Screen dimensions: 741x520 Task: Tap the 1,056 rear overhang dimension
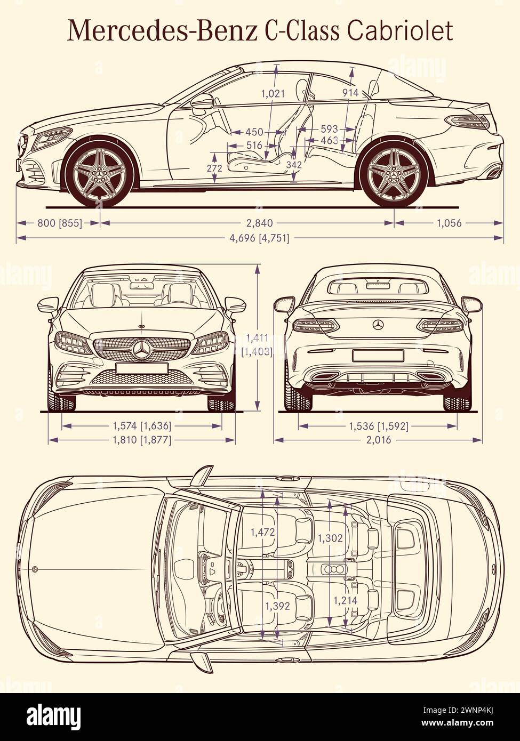[449, 223]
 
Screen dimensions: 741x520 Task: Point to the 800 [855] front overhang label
[60, 223]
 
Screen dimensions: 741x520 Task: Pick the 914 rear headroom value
[350, 93]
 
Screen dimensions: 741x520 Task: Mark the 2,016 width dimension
[379, 440]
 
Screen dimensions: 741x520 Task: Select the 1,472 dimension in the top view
[262, 531]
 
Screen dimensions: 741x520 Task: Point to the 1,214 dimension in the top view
[346, 601]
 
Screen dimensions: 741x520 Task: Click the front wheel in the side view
[100, 172]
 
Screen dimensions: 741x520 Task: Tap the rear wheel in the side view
[394, 172]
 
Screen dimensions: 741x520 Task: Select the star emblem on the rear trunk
[378, 325]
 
